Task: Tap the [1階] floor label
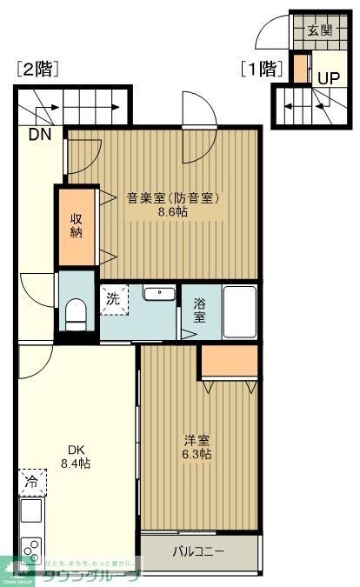point(263,69)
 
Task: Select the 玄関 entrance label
point(319,31)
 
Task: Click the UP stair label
point(328,77)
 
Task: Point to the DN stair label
point(39,135)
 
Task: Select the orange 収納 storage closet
point(77,226)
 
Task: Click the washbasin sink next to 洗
point(158,293)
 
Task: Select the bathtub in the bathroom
point(240,311)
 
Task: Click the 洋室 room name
point(197,440)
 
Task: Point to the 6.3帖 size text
point(197,454)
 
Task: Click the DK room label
point(75,450)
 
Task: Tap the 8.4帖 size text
point(75,464)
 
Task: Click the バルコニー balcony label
point(198,551)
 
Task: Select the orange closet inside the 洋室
point(230,361)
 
